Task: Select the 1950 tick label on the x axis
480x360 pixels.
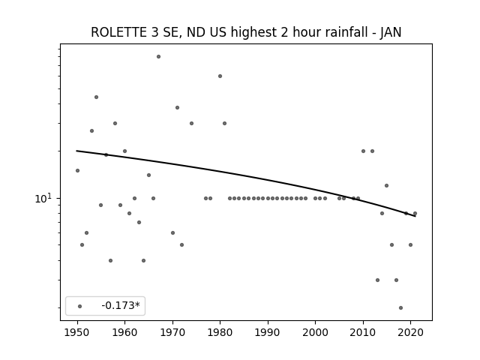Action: pos(77,332)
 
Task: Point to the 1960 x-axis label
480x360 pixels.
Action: pos(125,332)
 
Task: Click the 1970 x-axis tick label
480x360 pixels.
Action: pos(172,332)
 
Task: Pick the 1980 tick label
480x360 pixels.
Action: pos(220,332)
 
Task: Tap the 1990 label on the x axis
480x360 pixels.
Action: pos(268,332)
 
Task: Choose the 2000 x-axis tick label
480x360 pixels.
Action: pos(315,332)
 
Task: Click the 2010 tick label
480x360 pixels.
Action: pos(363,332)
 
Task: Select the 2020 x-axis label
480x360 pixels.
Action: pos(410,332)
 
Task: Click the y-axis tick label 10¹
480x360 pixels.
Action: pos(43,198)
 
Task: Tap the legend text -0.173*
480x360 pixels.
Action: pos(121,305)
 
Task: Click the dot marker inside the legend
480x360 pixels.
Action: pos(80,306)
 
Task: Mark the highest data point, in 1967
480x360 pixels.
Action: pos(158,57)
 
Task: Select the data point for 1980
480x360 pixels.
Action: pos(220,76)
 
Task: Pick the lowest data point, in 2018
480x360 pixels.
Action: pos(401,308)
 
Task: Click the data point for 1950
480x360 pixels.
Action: pos(77,170)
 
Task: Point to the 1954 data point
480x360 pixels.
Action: pos(97,97)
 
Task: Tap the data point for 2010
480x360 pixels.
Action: pos(363,151)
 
